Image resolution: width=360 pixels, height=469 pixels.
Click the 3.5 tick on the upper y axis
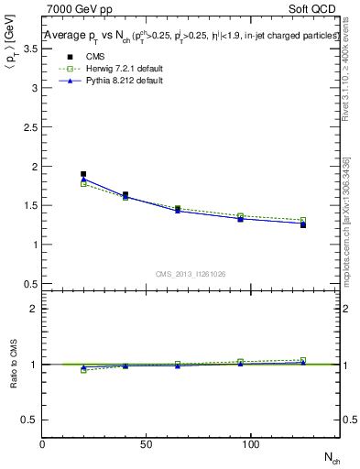pyautogui.click(x=30, y=49)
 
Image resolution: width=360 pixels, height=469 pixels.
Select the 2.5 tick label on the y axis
pyautogui.click(x=30, y=127)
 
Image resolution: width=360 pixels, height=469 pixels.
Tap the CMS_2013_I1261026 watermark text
pyautogui.click(x=191, y=274)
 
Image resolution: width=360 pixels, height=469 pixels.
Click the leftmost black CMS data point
pyautogui.click(x=83, y=174)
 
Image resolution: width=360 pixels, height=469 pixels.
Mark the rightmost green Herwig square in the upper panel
pyautogui.click(x=303, y=220)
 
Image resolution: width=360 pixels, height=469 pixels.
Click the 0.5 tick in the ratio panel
pyautogui.click(x=30, y=420)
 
